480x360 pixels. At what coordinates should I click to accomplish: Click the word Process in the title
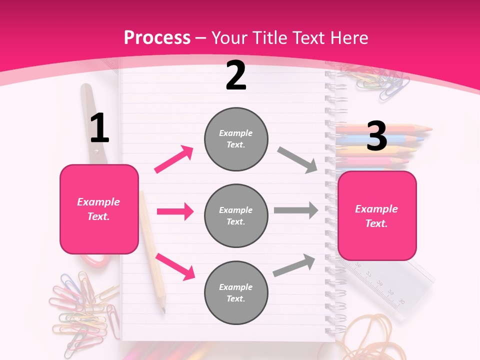click(x=157, y=38)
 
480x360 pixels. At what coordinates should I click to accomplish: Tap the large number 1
click(x=99, y=128)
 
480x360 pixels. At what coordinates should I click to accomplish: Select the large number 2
click(x=236, y=75)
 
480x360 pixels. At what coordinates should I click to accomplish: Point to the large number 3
click(x=377, y=136)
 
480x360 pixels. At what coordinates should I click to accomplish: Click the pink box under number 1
click(x=99, y=209)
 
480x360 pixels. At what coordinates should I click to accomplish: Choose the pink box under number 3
click(x=377, y=215)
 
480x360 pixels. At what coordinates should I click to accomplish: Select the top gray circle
click(x=236, y=138)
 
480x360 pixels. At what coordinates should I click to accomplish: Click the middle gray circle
click(x=236, y=215)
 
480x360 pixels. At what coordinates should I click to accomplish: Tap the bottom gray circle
click(x=236, y=292)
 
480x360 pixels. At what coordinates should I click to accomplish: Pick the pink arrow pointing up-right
click(x=174, y=159)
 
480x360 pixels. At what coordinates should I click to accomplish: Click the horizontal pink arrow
click(x=175, y=211)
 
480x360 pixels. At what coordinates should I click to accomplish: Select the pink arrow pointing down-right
click(x=175, y=266)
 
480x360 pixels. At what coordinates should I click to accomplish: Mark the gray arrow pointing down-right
click(x=297, y=160)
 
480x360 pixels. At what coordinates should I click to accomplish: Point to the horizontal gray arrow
click(x=296, y=210)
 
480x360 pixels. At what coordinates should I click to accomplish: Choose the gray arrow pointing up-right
click(x=294, y=265)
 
